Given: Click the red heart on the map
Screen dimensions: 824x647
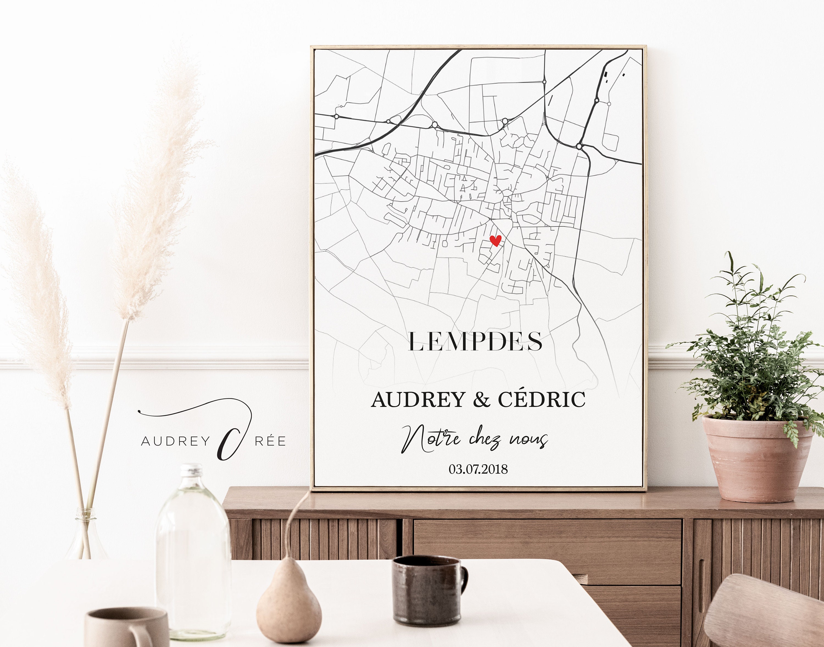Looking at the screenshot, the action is coord(495,240).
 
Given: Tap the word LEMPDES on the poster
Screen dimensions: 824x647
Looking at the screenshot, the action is coord(475,342).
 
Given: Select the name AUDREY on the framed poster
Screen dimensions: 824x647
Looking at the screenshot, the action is coord(418,400).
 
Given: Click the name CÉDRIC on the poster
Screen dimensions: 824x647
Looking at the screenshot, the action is coord(542,400).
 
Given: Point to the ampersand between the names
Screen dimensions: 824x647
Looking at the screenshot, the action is coord(481,400).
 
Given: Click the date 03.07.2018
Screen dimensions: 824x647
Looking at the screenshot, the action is coord(478,469).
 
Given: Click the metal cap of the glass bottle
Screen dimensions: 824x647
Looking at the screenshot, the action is coord(191,470).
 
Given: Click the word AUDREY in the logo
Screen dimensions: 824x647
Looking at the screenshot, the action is coord(175,441).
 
